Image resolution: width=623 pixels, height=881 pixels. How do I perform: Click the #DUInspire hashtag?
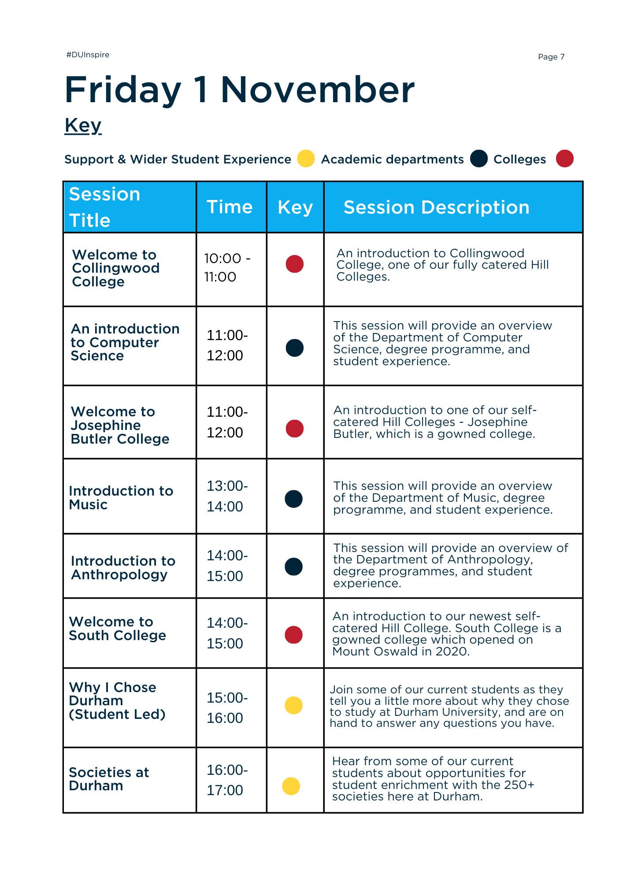(88, 55)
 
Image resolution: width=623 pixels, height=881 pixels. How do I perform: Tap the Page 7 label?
(551, 57)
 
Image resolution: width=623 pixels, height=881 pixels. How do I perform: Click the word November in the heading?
(317, 90)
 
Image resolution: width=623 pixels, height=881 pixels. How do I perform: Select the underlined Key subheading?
(83, 126)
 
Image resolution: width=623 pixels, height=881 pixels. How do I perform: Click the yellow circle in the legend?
(306, 159)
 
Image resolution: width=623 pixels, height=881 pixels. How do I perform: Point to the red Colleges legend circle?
(564, 159)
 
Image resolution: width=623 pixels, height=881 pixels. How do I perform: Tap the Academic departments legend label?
(392, 159)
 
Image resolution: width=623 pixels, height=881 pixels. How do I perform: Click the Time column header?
(230, 207)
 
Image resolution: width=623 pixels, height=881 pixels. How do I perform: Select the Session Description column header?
(436, 207)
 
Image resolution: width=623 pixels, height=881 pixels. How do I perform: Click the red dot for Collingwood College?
(295, 264)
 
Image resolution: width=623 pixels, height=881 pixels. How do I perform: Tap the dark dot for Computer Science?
(295, 348)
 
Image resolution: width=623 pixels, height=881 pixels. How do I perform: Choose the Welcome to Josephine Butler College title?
(120, 425)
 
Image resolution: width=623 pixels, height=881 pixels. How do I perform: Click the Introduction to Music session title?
(121, 498)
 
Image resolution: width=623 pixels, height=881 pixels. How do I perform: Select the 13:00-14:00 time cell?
(227, 496)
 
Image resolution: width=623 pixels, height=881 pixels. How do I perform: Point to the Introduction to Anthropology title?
(123, 568)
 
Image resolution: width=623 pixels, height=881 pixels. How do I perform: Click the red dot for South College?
(294, 635)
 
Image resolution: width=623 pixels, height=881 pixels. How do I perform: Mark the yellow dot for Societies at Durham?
(291, 786)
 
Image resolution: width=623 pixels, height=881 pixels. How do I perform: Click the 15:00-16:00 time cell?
(227, 707)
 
